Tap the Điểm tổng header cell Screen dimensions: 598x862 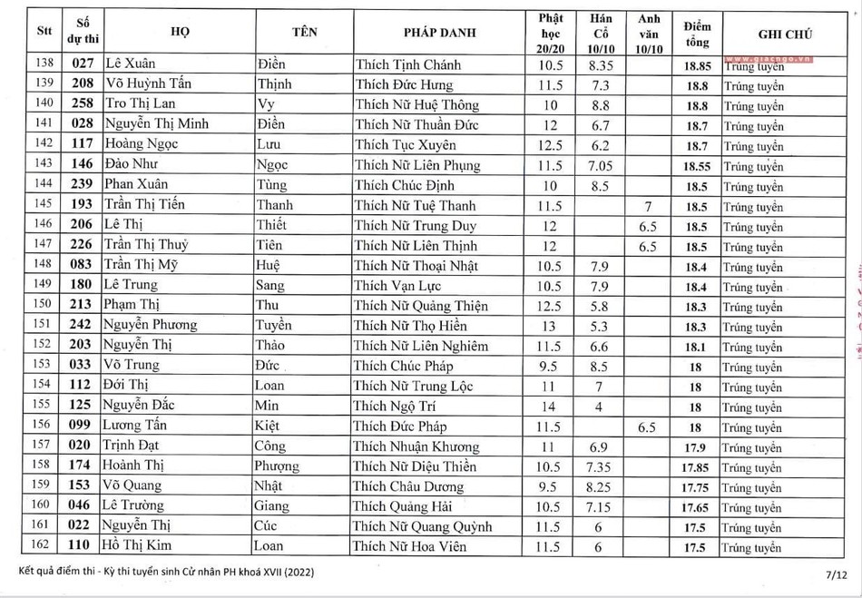point(697,33)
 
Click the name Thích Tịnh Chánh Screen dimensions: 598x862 point(407,64)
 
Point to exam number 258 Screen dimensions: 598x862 point(83,104)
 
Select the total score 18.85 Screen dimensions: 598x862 point(697,65)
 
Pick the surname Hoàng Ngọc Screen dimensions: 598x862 point(139,144)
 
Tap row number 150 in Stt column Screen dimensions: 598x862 point(42,305)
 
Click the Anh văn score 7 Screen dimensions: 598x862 point(648,205)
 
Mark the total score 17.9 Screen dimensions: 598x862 point(697,447)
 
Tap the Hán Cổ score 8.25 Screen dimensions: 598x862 point(601,486)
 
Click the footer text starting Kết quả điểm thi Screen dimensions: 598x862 point(164,572)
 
